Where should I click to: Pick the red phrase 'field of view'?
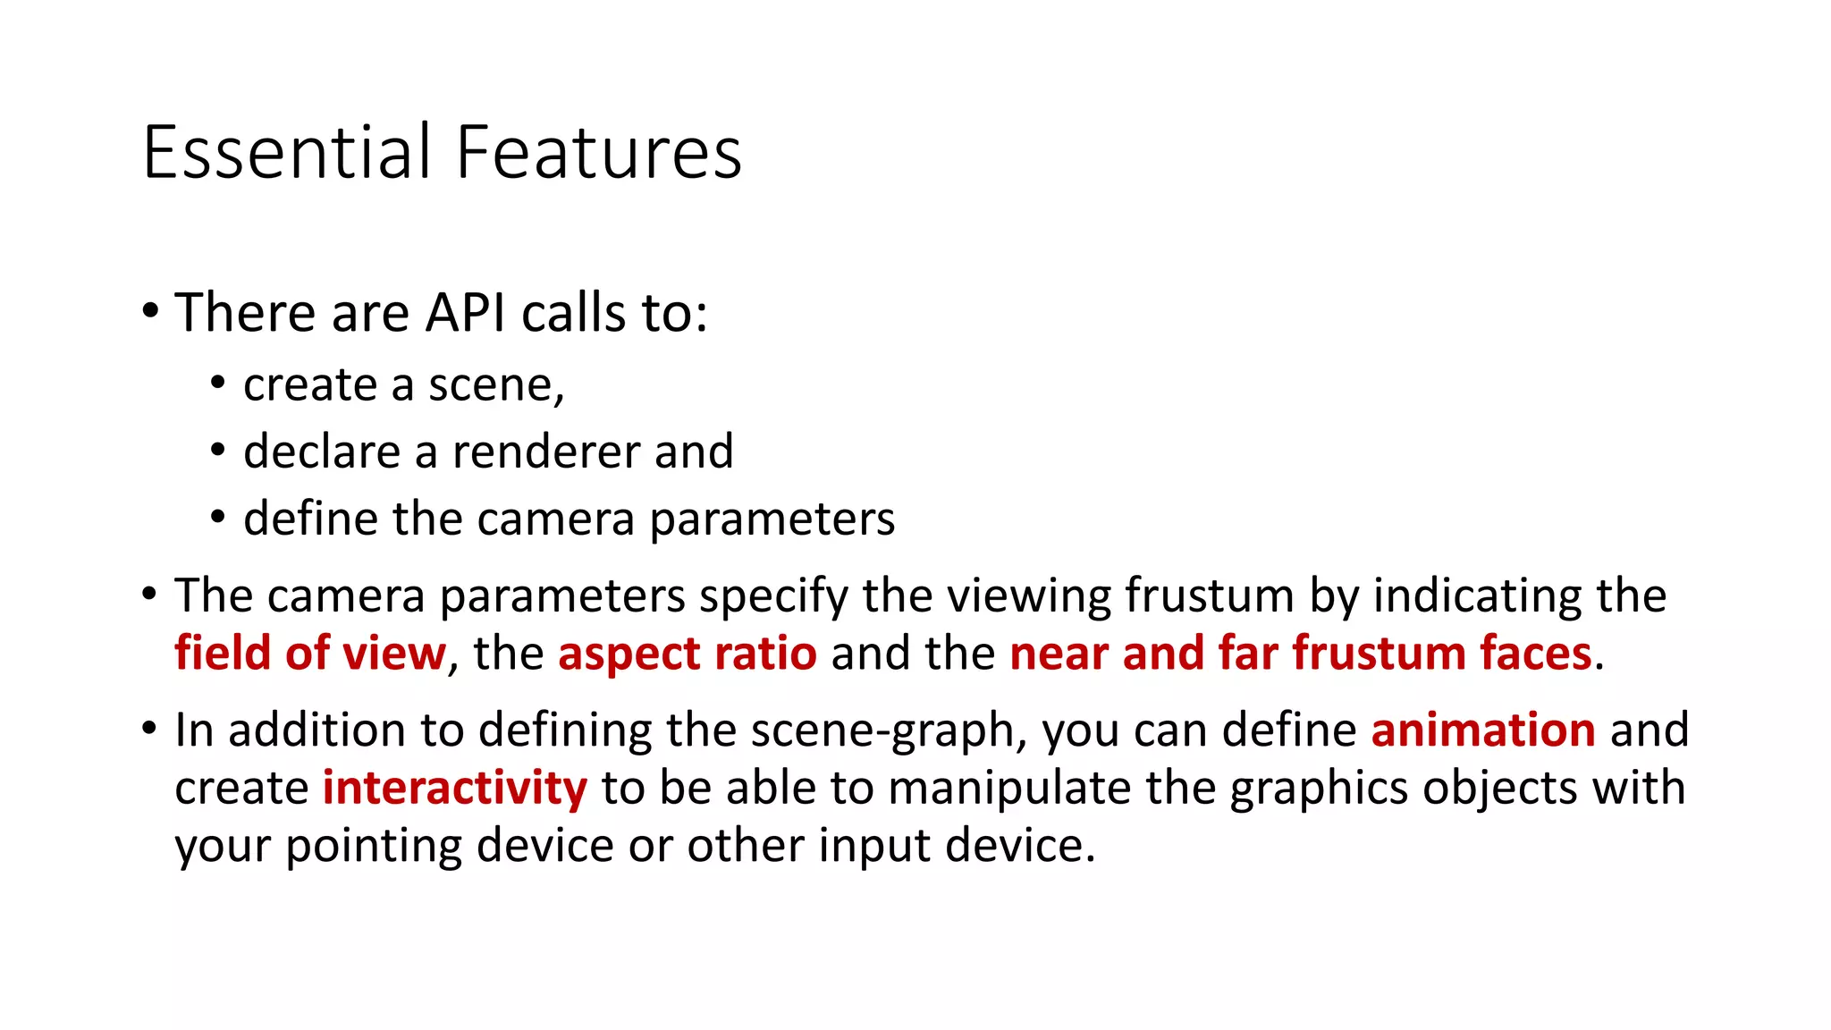309,653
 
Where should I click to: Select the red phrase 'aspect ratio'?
687,653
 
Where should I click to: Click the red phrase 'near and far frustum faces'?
1301,653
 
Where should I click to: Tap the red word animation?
1483,730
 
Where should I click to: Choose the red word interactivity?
454,788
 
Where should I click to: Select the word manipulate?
1008,789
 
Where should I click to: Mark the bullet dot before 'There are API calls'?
150,313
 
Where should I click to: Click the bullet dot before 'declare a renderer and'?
218,450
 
